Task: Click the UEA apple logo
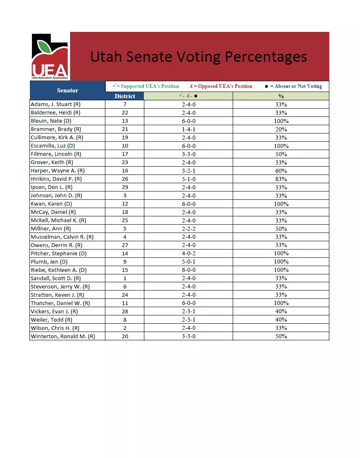50,56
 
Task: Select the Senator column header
67,90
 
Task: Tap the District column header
125,96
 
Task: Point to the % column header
281,96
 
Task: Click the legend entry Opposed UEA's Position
221,86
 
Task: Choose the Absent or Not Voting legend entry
293,86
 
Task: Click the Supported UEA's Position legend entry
146,86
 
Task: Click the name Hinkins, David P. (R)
56,179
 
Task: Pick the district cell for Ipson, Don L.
125,187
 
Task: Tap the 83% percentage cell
281,179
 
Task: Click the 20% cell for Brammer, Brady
281,129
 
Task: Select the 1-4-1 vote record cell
189,129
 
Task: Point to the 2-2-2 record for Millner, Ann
189,229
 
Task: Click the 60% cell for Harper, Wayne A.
281,171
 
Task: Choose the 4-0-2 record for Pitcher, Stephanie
189,253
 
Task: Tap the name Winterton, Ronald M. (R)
63,336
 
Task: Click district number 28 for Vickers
125,311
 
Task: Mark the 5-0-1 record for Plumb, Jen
189,262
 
